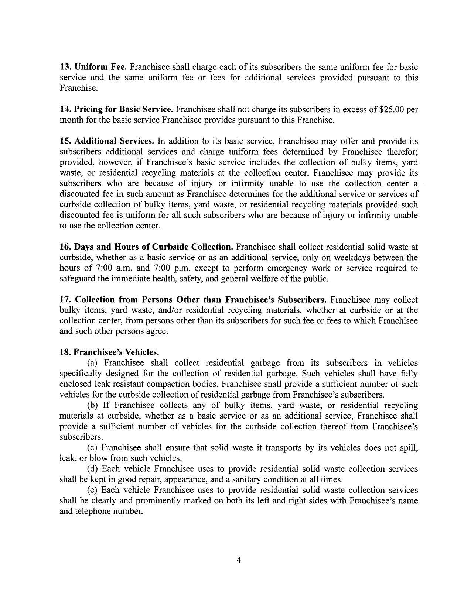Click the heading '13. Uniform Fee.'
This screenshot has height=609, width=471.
93,67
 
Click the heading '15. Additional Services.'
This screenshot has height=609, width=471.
107,141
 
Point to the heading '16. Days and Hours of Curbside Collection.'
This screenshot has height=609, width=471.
146,247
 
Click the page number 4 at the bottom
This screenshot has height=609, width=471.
238,560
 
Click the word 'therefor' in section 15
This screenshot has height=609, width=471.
402,152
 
